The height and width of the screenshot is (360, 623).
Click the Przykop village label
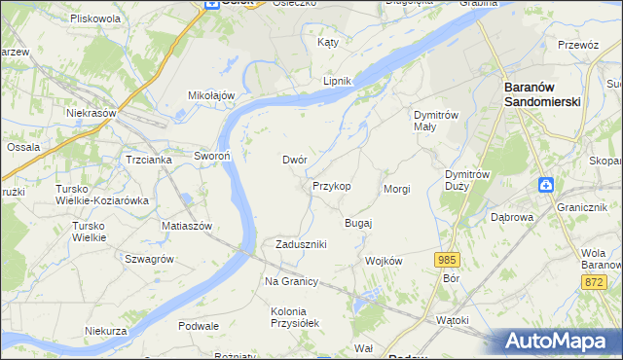(331, 185)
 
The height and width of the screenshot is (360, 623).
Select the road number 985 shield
(447, 259)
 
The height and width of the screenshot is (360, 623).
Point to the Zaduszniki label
(301, 244)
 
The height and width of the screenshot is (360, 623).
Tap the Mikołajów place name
(212, 95)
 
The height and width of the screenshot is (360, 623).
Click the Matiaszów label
(187, 226)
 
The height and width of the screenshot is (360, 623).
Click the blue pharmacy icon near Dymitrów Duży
(547, 184)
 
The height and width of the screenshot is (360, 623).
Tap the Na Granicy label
(291, 281)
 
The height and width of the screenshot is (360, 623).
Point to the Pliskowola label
(95, 18)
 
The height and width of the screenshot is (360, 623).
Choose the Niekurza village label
(106, 331)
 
